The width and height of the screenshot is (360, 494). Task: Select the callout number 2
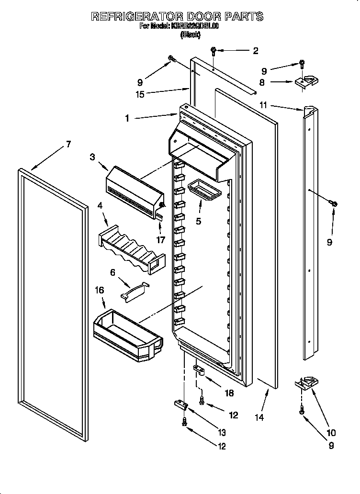click(255, 50)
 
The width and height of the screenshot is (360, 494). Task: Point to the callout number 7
click(68, 144)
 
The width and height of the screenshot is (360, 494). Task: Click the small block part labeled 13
click(180, 404)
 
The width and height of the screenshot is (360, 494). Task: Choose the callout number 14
click(259, 416)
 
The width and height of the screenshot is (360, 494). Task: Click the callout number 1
click(127, 118)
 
